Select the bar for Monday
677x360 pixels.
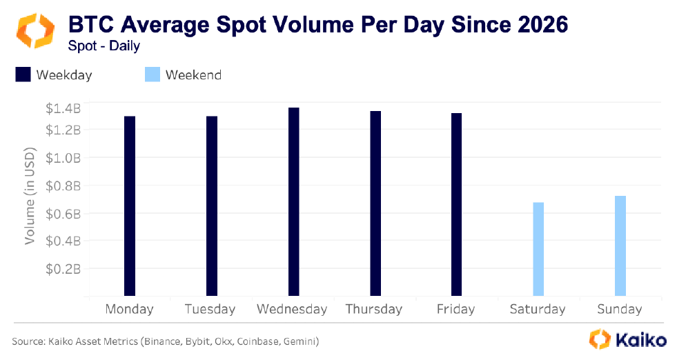click(x=130, y=206)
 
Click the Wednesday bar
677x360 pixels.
click(x=293, y=201)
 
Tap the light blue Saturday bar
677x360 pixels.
click(x=538, y=249)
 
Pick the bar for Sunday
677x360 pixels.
click(x=620, y=246)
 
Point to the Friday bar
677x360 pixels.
click(x=457, y=204)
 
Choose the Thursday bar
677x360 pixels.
click(x=375, y=203)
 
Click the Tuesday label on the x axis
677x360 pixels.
click(x=210, y=309)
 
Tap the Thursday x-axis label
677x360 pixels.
click(x=373, y=309)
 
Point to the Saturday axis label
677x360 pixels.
click(x=538, y=309)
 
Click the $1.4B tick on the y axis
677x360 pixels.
click(x=63, y=108)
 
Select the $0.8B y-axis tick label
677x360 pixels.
click(x=63, y=185)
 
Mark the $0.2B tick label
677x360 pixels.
click(x=63, y=268)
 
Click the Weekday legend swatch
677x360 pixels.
click(x=23, y=74)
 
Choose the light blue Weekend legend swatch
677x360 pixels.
click(x=152, y=74)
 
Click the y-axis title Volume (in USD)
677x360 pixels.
click(x=30, y=195)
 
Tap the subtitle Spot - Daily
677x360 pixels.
click(x=104, y=46)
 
